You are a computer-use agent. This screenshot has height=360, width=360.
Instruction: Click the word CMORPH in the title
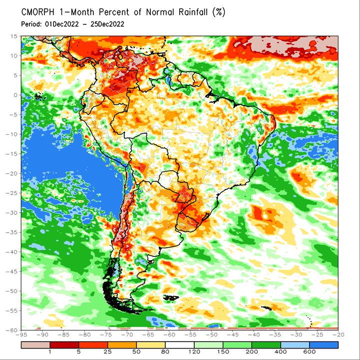pos(37,12)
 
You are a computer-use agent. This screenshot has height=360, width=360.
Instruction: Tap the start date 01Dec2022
pos(62,24)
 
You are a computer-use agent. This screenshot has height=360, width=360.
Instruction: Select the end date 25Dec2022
pos(107,24)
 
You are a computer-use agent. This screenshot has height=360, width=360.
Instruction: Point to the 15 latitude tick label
pos(14,36)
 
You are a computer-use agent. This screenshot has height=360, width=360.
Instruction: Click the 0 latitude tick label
pos(15,95)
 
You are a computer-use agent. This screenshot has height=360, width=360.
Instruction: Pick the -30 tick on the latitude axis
pos(12,213)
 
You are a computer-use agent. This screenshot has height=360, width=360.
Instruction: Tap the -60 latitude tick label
pos(12,330)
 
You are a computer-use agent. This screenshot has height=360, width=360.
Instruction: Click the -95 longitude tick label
pos(21,335)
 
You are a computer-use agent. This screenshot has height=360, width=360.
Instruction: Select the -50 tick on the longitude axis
pos(211,335)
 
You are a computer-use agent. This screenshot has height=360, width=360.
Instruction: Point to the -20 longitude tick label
pos(338,335)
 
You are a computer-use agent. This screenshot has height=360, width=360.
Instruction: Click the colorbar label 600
pos(309,352)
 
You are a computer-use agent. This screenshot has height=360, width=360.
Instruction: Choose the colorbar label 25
pos(107,352)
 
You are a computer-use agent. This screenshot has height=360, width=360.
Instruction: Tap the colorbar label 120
pos(194,352)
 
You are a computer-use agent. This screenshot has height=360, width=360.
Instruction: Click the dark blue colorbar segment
pos(324,345)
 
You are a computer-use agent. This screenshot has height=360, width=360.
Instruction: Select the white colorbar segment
pos(180,345)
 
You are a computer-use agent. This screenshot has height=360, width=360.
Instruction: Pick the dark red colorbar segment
pos(64,345)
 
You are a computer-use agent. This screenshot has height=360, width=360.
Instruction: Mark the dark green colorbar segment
pos(266,345)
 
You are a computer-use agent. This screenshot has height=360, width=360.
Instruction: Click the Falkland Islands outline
pos(171,298)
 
